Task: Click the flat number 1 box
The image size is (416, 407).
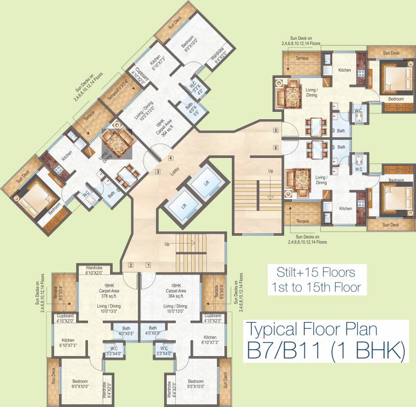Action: [x=149, y=264]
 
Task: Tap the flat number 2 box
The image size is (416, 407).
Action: [x=130, y=264]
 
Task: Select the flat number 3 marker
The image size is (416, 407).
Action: [x=158, y=171]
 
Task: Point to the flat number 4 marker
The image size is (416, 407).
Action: [x=170, y=158]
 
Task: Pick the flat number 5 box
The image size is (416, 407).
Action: [x=275, y=130]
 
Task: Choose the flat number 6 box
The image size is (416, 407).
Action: [x=275, y=147]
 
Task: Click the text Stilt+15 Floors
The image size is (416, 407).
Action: [x=315, y=273]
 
